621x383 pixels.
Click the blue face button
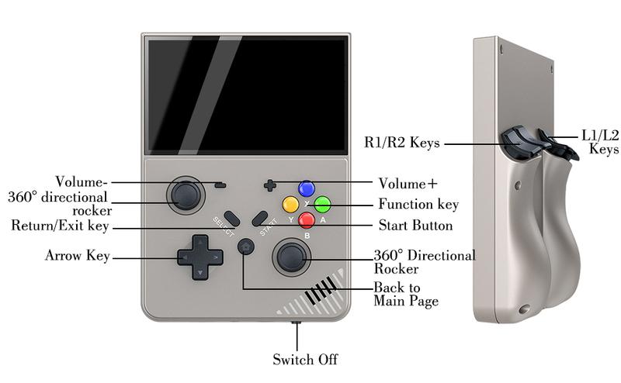tap(307, 188)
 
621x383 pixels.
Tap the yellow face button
tap(290, 205)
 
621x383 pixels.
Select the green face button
tap(322, 204)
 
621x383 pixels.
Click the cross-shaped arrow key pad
tap(200, 257)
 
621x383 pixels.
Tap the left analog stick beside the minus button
tap(186, 195)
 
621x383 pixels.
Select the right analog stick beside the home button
tap(292, 257)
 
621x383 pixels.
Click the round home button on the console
tap(246, 247)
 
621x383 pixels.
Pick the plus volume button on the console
tap(270, 185)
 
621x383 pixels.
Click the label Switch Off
tap(305, 359)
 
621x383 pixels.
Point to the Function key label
tap(418, 204)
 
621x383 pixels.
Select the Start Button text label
tap(415, 225)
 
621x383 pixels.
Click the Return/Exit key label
tap(60, 226)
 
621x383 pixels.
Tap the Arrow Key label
tap(77, 256)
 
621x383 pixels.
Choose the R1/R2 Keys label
tap(401, 142)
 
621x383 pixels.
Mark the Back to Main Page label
tap(406, 294)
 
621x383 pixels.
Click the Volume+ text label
tap(408, 184)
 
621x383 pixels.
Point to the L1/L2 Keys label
tap(600, 142)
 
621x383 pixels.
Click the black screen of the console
tap(247, 95)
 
